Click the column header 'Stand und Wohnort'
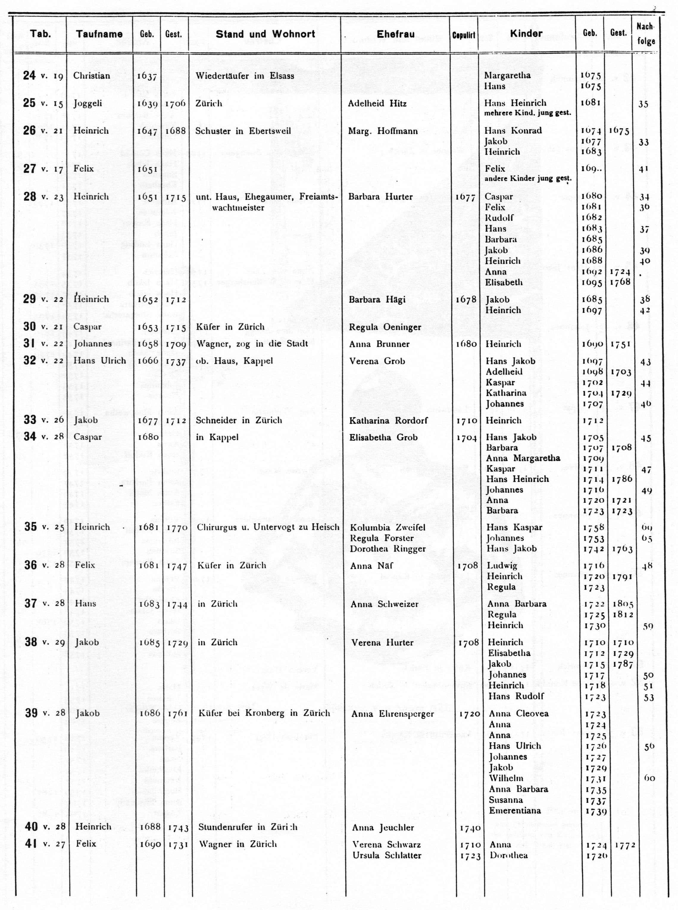click(x=265, y=34)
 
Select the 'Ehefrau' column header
click(x=396, y=34)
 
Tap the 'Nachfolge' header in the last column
click(x=646, y=34)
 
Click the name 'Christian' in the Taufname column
click(x=92, y=76)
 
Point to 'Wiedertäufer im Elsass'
click(x=245, y=76)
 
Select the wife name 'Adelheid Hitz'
click(x=377, y=104)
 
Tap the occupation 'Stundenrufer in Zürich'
click(x=248, y=827)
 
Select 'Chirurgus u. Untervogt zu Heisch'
click(x=268, y=527)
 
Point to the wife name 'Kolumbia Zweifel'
click(x=388, y=527)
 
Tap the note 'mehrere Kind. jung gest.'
click(x=527, y=113)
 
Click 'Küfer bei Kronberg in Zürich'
click(x=264, y=713)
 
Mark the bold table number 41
click(x=31, y=844)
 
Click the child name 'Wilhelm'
click(x=506, y=778)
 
